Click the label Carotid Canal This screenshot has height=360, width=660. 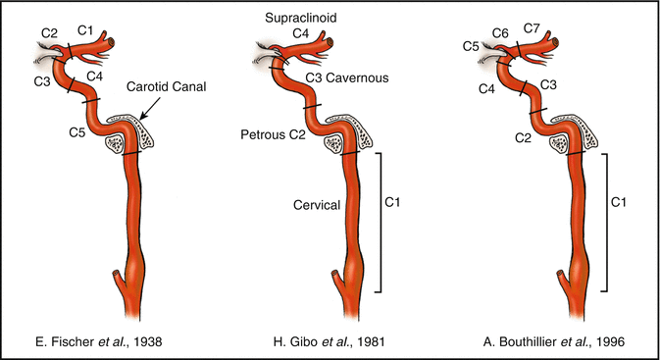[163, 86]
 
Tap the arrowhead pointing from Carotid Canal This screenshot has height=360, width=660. [140, 117]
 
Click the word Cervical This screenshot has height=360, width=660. [316, 205]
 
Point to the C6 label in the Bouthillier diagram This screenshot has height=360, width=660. [500, 33]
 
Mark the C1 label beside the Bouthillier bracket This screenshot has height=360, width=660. [619, 202]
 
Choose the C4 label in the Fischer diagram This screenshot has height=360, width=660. [96, 76]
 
